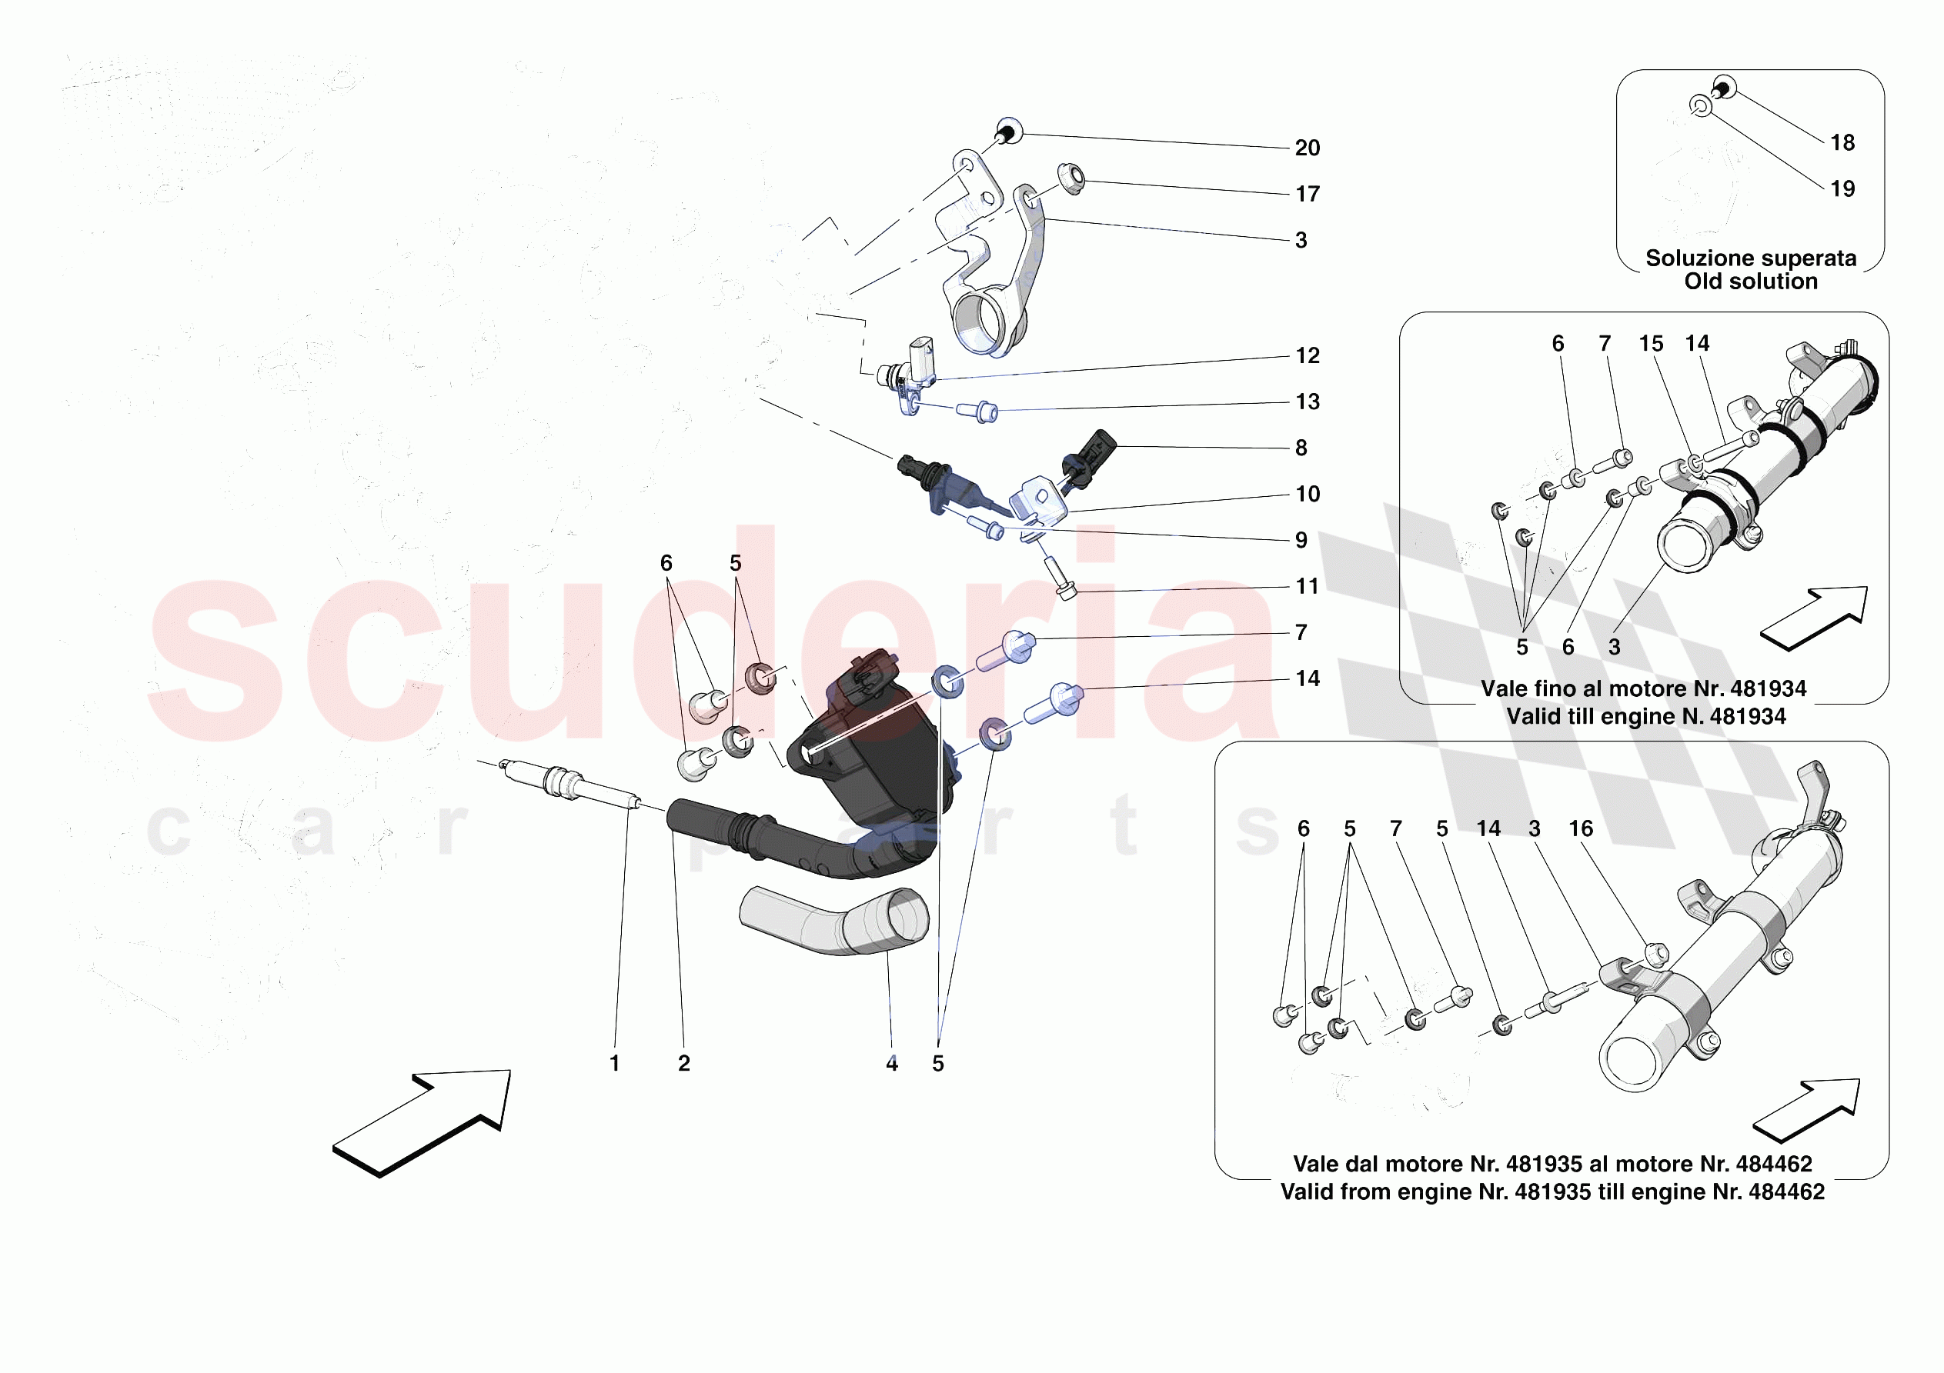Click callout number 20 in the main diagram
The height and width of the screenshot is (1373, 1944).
1307,148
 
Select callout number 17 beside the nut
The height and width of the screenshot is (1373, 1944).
1307,195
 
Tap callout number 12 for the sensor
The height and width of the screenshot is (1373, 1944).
1307,356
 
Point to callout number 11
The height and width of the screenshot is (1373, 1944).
1307,587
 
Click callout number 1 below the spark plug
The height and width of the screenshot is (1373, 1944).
615,1063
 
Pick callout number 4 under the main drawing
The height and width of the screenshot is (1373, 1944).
891,1063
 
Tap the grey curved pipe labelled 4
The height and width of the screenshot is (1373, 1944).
834,923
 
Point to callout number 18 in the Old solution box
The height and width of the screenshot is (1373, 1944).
1842,143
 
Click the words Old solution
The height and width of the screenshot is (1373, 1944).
1750,282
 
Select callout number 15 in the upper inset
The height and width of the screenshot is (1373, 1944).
1650,344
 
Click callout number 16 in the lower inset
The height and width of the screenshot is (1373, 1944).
1580,828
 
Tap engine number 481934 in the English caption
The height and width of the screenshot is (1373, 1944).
1747,717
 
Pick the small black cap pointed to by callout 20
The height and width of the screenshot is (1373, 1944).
1007,134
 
